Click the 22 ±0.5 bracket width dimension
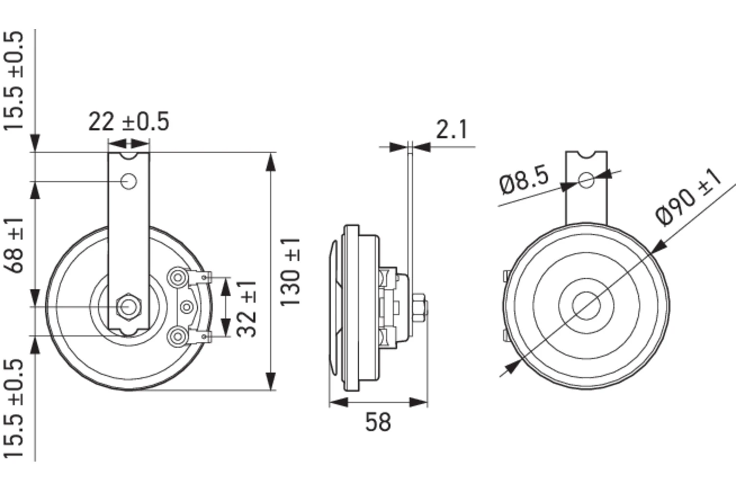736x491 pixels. coord(129,121)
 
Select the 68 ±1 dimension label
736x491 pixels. coord(16,245)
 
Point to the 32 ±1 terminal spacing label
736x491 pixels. coord(247,308)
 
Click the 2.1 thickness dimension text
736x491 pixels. coord(452,129)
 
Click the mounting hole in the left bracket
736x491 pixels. coord(129,182)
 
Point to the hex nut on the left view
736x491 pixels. coord(129,306)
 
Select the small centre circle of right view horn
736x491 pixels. coord(586,306)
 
